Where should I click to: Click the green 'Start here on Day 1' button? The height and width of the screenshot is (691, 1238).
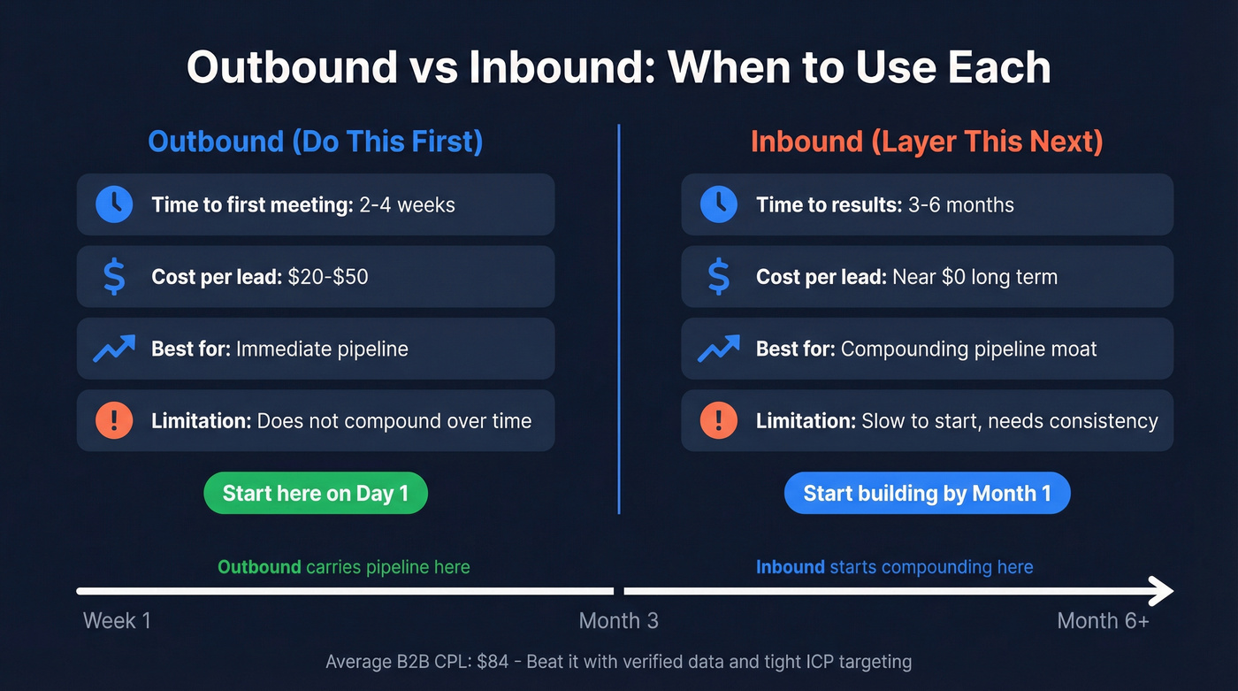tap(316, 493)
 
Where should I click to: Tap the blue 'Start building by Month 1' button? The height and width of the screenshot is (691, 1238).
tap(927, 493)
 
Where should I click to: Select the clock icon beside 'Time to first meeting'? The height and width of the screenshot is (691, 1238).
tap(114, 204)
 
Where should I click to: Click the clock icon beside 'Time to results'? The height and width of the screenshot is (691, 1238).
tap(719, 204)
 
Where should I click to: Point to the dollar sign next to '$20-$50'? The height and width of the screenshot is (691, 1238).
tap(114, 277)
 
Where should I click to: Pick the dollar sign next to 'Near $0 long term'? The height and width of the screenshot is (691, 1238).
tap(719, 277)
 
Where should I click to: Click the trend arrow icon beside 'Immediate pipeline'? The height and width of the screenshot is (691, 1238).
tap(114, 349)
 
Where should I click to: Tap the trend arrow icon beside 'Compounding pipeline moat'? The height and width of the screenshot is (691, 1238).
tap(719, 349)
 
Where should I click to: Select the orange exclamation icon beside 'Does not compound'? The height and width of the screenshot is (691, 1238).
tap(114, 420)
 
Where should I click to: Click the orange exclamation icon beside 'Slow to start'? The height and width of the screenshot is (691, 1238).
tap(719, 420)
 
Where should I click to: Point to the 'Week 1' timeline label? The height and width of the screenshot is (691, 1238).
tap(117, 620)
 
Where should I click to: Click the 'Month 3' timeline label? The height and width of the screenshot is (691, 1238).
tap(618, 620)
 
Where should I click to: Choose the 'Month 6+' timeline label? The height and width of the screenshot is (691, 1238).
tap(1103, 620)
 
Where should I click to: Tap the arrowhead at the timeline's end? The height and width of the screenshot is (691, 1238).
tap(1161, 590)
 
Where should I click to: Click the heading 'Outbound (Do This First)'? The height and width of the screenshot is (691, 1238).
tap(316, 142)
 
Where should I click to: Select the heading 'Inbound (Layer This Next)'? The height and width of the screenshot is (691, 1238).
tap(927, 142)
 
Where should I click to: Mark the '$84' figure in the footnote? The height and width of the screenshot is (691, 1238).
tap(493, 661)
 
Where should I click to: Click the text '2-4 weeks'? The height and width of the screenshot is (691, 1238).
tap(407, 205)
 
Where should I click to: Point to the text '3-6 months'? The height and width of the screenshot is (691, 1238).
tap(961, 205)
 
